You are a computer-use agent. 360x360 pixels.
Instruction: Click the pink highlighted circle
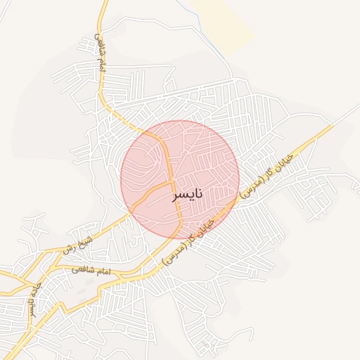click(204, 162)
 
